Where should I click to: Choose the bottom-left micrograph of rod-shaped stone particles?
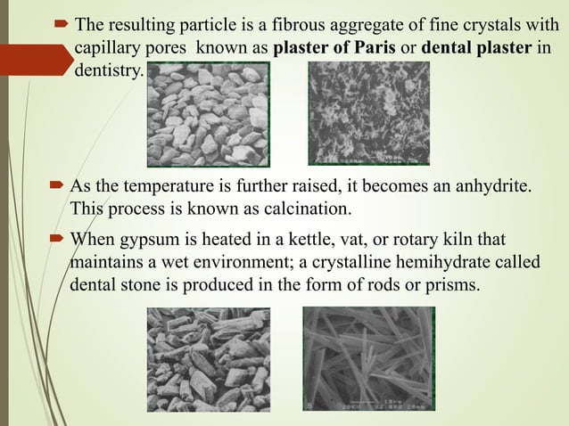coord(208,359)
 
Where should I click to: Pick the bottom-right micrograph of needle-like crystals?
coord(369,358)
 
